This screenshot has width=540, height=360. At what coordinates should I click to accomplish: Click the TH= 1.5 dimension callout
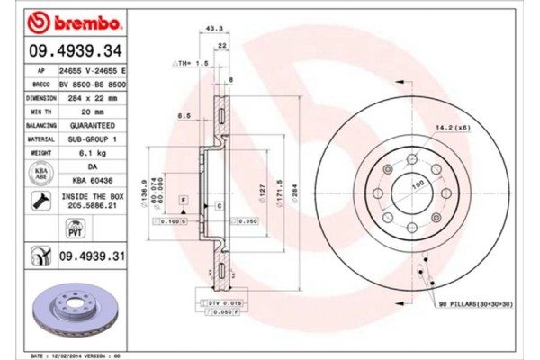click(191, 65)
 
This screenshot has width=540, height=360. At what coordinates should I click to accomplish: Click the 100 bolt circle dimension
click(418, 184)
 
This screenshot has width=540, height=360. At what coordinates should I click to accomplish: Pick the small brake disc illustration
click(79, 315)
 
